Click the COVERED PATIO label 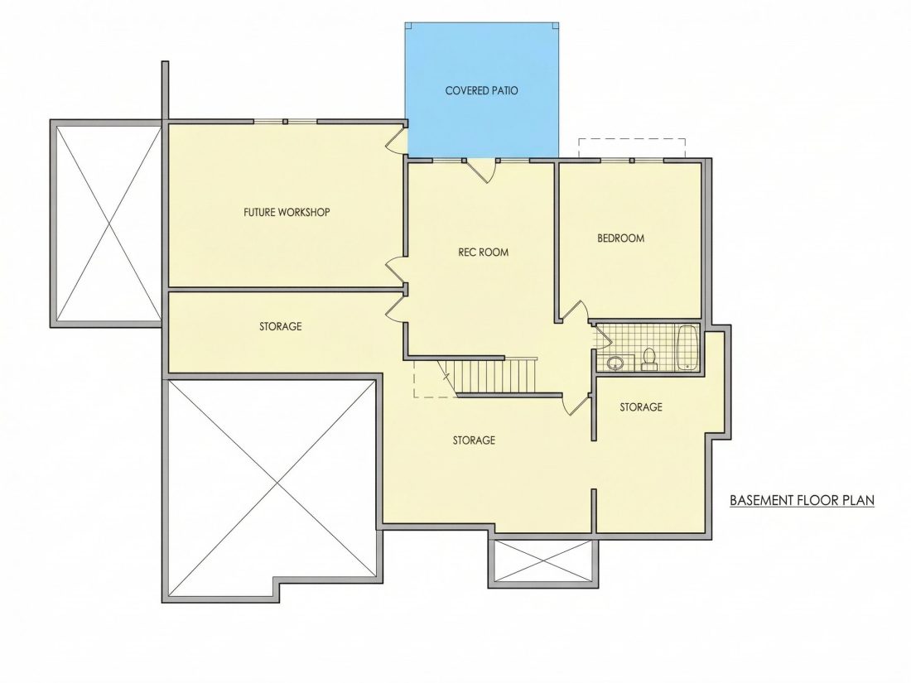[482, 90]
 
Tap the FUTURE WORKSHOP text [287, 212]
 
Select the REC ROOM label [484, 252]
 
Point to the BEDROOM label [620, 238]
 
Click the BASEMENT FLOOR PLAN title [802, 500]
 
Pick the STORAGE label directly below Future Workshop [281, 326]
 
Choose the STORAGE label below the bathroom [641, 407]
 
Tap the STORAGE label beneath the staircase [474, 440]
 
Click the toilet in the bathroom [649, 359]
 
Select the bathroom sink [615, 363]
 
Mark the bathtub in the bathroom [687, 348]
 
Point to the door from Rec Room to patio [481, 171]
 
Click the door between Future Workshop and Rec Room [398, 269]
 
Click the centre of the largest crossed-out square [271, 489]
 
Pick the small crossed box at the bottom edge [542, 561]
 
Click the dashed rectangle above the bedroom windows [632, 147]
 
